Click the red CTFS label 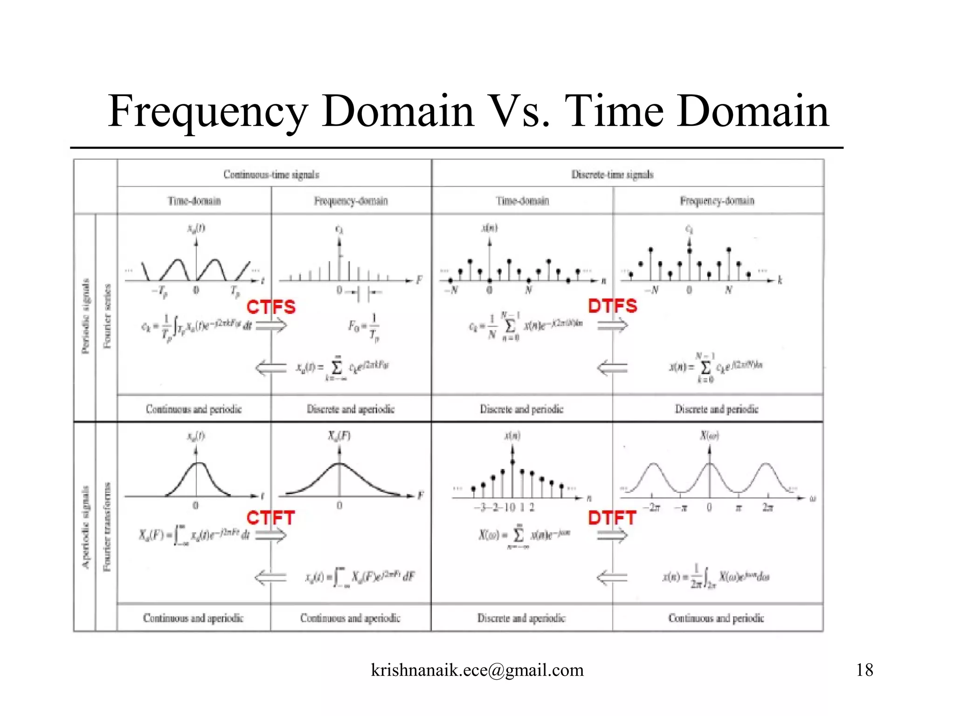coord(271,307)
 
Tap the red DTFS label coord(612,306)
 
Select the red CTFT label coord(270,518)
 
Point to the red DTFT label coord(612,518)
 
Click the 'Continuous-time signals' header coord(271,175)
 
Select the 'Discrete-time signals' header coord(612,175)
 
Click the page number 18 coord(864,670)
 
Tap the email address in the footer coord(477,670)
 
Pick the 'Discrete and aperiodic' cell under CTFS coord(351,409)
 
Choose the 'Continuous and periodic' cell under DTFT coord(716,618)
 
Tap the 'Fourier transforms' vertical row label coord(107,527)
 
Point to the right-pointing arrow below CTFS coord(271,325)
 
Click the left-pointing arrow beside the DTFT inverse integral coord(612,577)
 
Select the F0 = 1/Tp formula coord(364,328)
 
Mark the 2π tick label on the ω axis coord(768,508)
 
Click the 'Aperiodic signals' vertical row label coord(85,527)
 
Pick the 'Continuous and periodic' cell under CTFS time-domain coord(194,409)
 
